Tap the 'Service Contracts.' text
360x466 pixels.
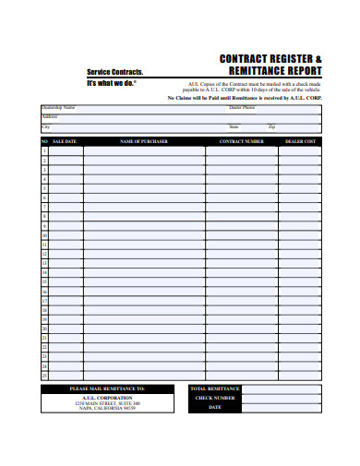(114, 72)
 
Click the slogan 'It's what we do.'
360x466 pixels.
(111, 83)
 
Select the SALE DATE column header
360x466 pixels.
(65, 141)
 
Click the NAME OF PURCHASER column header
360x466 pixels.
(142, 141)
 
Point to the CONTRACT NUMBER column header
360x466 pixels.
(241, 141)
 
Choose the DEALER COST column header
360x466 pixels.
(299, 141)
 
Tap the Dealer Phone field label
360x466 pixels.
(243, 107)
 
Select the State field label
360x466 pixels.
(234, 125)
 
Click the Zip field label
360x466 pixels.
(271, 125)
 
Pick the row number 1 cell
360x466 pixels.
(44, 150)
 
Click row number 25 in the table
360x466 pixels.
(44, 376)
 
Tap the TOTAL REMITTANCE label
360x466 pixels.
(214, 389)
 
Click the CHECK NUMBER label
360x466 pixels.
(214, 398)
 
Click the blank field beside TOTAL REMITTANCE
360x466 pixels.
(281, 389)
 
